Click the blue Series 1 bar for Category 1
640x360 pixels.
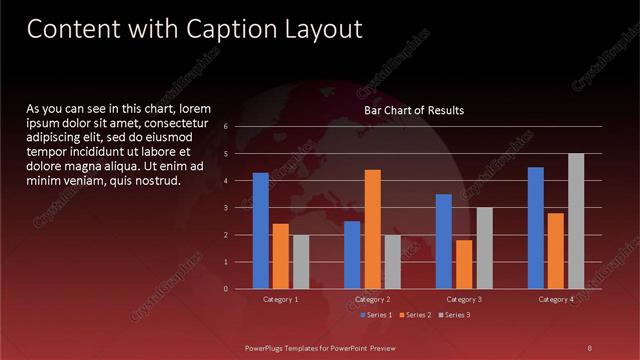[x=260, y=231]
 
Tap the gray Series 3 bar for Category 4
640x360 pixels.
[x=576, y=221]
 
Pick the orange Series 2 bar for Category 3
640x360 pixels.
[x=464, y=264]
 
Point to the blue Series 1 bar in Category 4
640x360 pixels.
[x=536, y=228]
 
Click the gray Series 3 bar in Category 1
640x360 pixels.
[x=301, y=262]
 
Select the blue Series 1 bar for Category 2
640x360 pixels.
[x=352, y=255]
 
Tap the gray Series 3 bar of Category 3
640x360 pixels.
[x=484, y=248]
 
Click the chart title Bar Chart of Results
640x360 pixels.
[x=414, y=110]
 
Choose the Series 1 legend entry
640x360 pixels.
[x=375, y=315]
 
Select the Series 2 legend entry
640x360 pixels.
[x=414, y=315]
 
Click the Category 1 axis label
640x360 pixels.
[x=280, y=299]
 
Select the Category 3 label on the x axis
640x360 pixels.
[x=464, y=299]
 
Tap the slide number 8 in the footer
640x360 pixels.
[x=589, y=348]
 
